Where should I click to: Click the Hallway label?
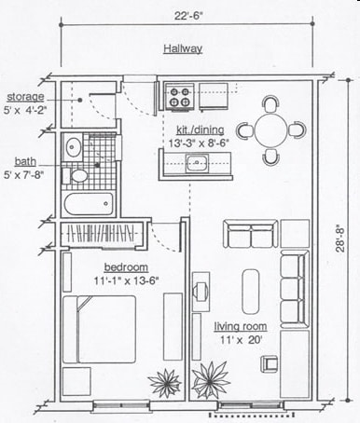[x=182, y=48]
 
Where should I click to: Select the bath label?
[x=24, y=160]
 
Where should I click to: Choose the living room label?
[x=241, y=326]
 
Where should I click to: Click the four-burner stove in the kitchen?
[x=180, y=94]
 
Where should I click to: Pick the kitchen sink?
[x=197, y=165]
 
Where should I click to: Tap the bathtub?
[x=86, y=203]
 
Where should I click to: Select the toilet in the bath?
[x=78, y=174]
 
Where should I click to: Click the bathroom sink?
[x=73, y=147]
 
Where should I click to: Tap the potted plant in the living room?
[x=211, y=379]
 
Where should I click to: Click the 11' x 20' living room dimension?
[x=241, y=340]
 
